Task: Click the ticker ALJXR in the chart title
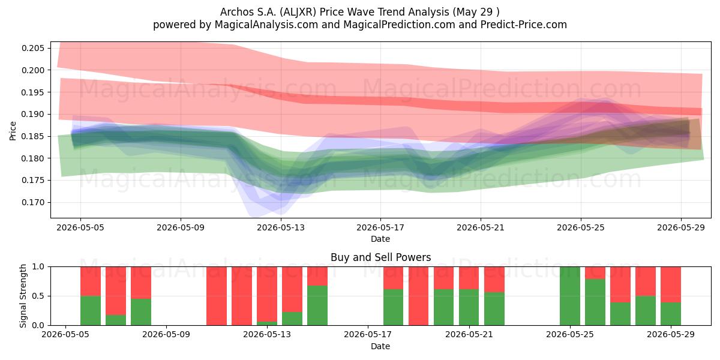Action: click(x=298, y=12)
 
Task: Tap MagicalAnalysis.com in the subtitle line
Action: click(x=266, y=25)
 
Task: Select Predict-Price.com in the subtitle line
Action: click(x=524, y=25)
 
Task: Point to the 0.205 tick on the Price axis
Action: click(x=33, y=48)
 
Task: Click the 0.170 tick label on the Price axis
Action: click(x=33, y=203)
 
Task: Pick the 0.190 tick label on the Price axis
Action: click(x=33, y=115)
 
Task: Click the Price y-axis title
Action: click(x=13, y=131)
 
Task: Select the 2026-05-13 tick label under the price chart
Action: click(x=281, y=227)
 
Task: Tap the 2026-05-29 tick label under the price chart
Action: click(x=681, y=227)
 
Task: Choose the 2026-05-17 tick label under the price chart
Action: click(x=380, y=227)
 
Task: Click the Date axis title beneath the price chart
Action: click(x=380, y=239)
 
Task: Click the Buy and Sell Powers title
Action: click(x=380, y=257)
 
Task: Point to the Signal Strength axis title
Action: click(x=23, y=296)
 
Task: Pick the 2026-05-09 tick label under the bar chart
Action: click(x=166, y=335)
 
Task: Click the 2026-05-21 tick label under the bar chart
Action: click(x=469, y=335)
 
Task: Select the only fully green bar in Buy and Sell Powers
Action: click(x=570, y=296)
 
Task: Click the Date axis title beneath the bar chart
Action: click(x=380, y=346)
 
